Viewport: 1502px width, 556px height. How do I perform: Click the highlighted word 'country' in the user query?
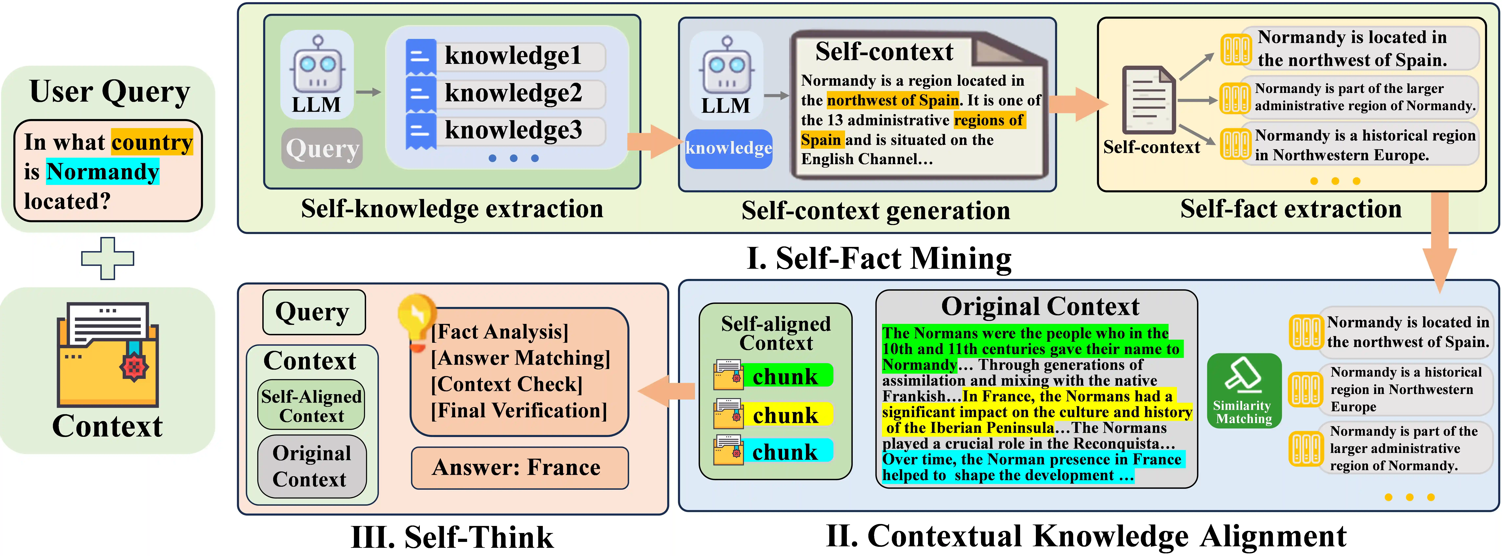(152, 142)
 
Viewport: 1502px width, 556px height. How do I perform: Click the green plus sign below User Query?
(107, 258)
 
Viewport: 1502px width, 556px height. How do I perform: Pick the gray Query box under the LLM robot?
(322, 149)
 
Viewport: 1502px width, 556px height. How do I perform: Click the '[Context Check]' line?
(506, 384)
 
